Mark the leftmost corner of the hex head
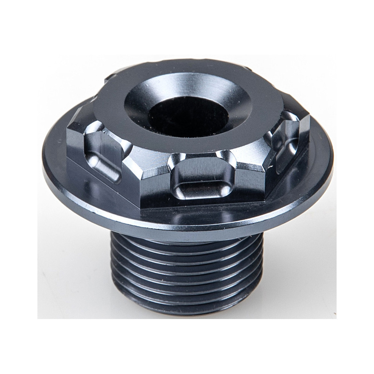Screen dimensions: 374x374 click(x=70, y=129)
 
